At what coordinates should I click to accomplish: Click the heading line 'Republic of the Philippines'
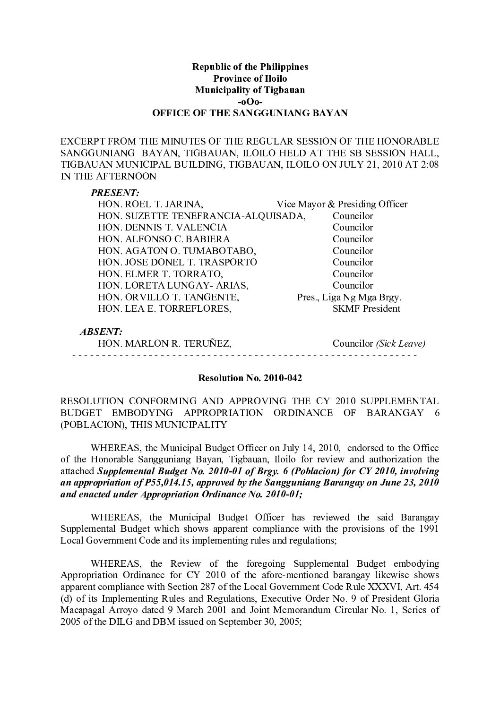pyautogui.click(x=250, y=67)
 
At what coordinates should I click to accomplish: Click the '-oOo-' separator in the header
pyautogui.click(x=250, y=102)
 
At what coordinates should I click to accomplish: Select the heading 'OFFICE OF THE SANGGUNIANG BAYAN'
pyautogui.click(x=250, y=113)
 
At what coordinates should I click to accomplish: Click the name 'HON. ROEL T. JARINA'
pyautogui.click(x=150, y=204)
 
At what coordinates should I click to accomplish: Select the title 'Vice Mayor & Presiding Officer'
pyautogui.click(x=342, y=204)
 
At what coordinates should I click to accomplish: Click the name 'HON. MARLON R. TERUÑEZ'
pyautogui.click(x=164, y=344)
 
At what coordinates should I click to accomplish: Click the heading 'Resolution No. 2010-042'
pyautogui.click(x=250, y=378)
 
